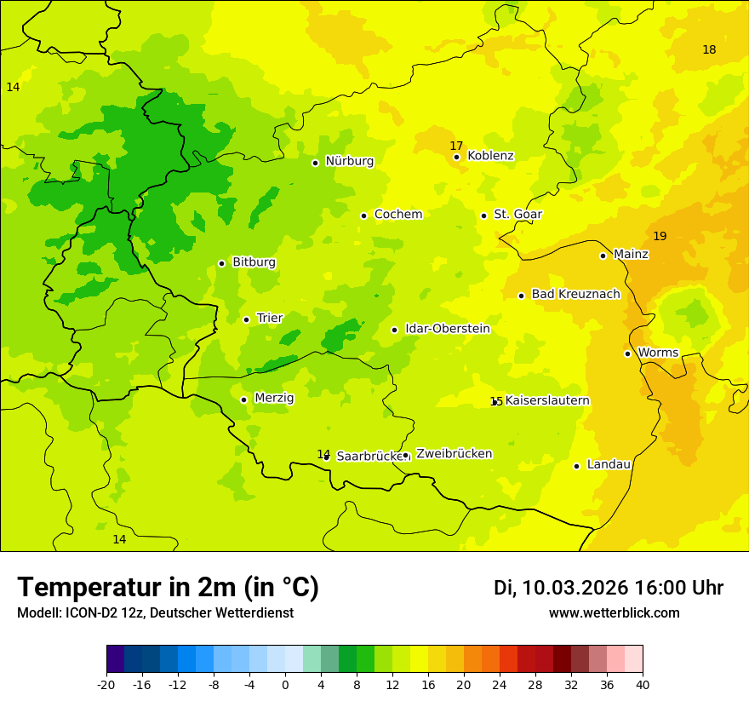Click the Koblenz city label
tap(490, 156)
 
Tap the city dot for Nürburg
tap(315, 162)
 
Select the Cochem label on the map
tap(397, 215)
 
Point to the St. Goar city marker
tap(483, 216)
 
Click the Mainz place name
tap(631, 254)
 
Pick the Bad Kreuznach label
tap(575, 294)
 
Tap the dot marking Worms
tap(627, 353)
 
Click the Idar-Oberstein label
tap(447, 329)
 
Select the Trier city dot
tap(246, 319)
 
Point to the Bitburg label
tap(254, 262)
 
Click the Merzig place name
tap(274, 398)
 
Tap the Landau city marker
tap(576, 466)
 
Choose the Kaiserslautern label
tap(546, 400)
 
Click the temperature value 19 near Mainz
tap(660, 236)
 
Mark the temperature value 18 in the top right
tap(709, 49)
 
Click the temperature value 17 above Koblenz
tap(456, 146)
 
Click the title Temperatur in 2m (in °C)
tap(168, 587)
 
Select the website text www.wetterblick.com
tap(614, 613)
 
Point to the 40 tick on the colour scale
tap(642, 684)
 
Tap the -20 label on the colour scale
tap(106, 684)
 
